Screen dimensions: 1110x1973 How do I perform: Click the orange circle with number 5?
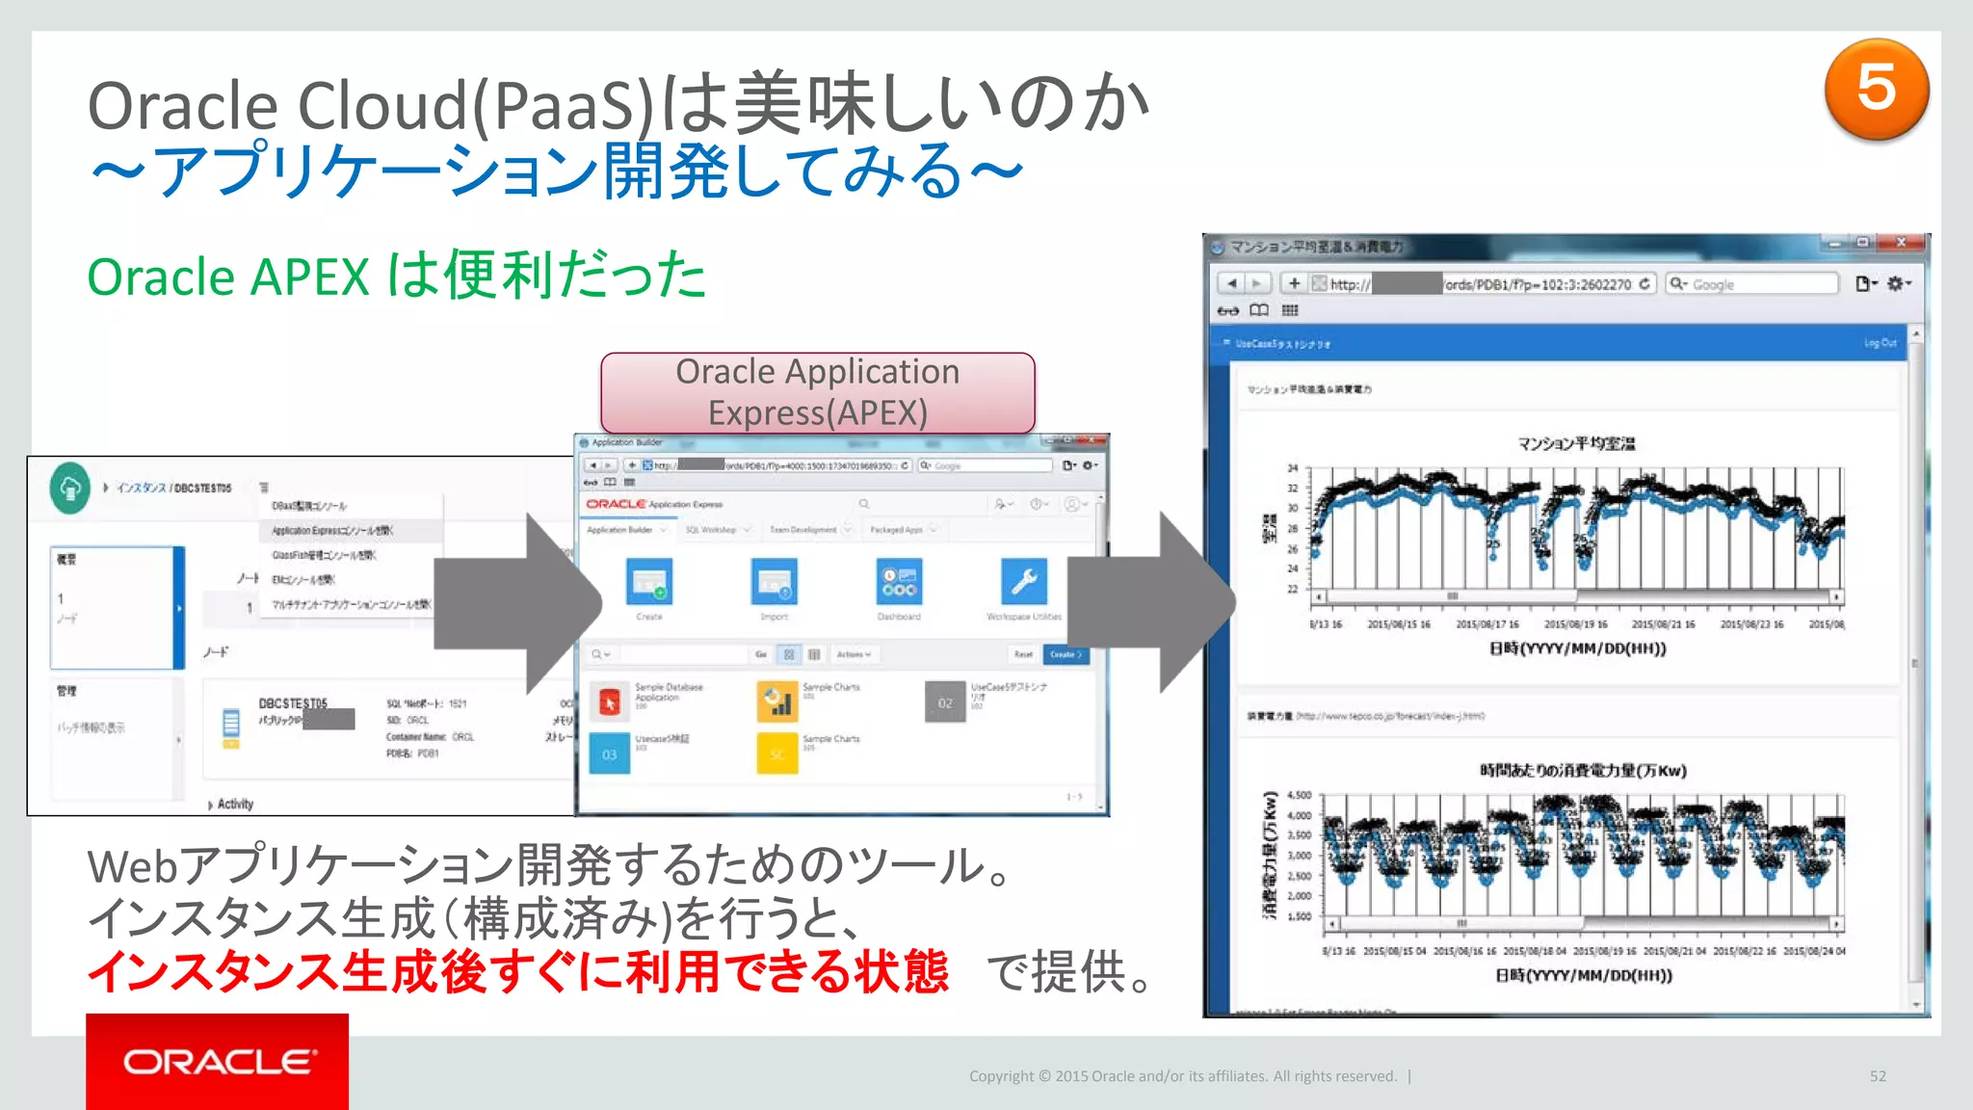pyautogui.click(x=1876, y=90)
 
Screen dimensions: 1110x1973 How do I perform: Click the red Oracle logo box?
pyautogui.click(x=217, y=1061)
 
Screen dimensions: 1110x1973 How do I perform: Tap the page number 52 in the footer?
pyautogui.click(x=1878, y=1076)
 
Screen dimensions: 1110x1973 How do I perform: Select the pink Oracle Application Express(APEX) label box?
pyautogui.click(x=817, y=392)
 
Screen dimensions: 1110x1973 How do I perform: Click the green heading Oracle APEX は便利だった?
pyautogui.click(x=396, y=277)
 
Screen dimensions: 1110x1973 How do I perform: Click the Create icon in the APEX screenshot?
pyautogui.click(x=649, y=583)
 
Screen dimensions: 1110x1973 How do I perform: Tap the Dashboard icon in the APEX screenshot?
pyautogui.click(x=899, y=583)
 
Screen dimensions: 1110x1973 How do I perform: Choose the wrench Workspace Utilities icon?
pyautogui.click(x=1023, y=583)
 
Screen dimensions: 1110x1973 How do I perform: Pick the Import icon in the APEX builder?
pyautogui.click(x=774, y=583)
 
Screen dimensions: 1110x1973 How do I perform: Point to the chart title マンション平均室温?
pyautogui.click(x=1576, y=443)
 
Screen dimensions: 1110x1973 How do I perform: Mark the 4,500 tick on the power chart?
pyautogui.click(x=1299, y=795)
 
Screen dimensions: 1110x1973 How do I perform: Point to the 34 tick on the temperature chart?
pyautogui.click(x=1293, y=468)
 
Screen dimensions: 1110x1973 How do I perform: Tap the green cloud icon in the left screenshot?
pyautogui.click(x=69, y=489)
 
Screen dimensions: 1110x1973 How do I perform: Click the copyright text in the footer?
pyautogui.click(x=1182, y=1076)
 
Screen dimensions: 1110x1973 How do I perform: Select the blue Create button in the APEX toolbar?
pyautogui.click(x=1065, y=654)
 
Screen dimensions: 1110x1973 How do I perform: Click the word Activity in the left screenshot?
pyautogui.click(x=235, y=804)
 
